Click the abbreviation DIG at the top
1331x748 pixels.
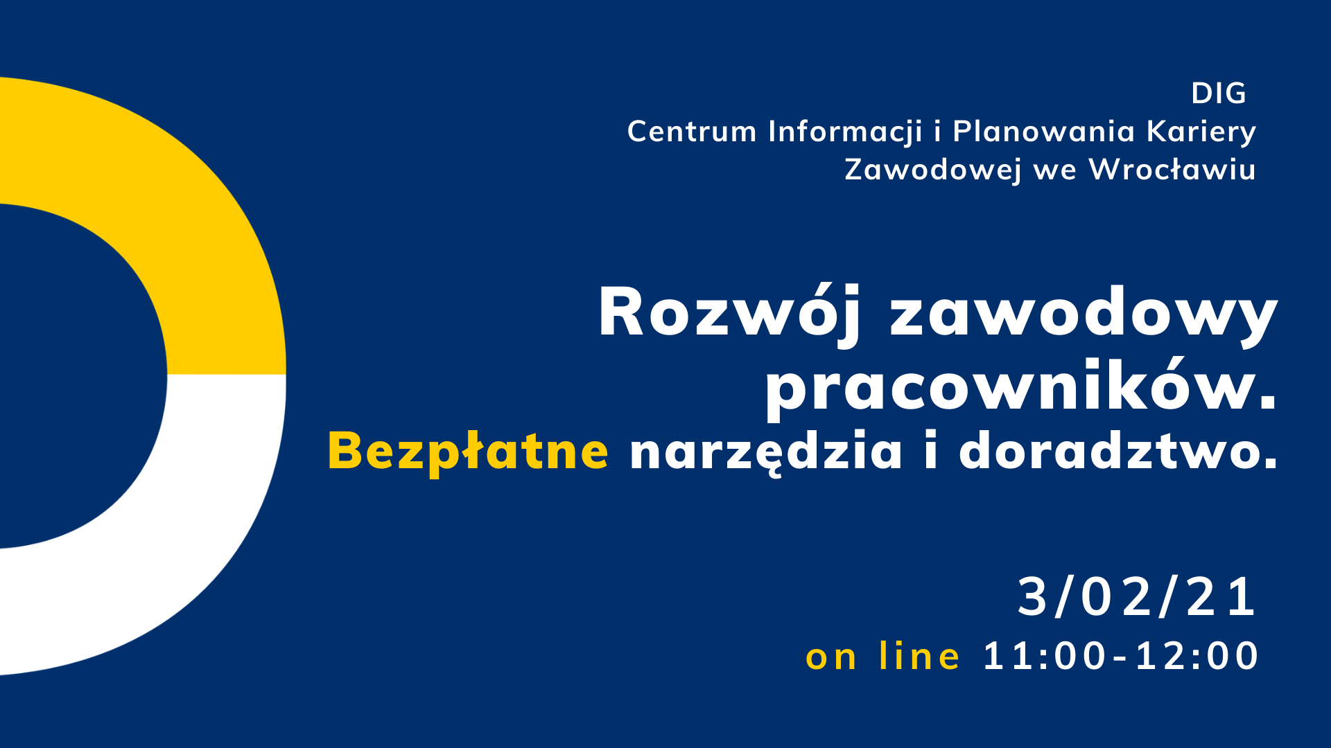click(x=1218, y=93)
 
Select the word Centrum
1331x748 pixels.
click(x=692, y=132)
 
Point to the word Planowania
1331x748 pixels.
click(x=1043, y=132)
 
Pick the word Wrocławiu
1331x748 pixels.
click(x=1172, y=170)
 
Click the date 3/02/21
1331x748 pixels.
click(x=1137, y=597)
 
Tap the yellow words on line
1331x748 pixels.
click(x=882, y=656)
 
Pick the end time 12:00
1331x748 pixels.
click(x=1197, y=656)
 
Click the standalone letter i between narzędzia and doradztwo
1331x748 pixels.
click(x=930, y=452)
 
